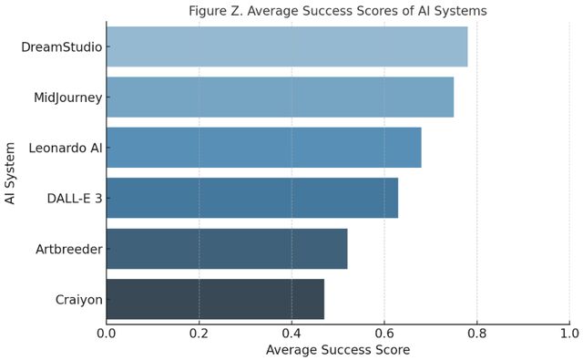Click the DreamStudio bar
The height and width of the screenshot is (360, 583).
[287, 46]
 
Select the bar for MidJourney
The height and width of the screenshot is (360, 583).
[280, 98]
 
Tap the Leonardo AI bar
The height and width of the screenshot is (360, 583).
[264, 148]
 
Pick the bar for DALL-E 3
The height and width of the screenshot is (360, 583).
[252, 198]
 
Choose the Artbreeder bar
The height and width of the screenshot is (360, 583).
[227, 249]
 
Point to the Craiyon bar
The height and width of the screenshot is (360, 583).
[215, 299]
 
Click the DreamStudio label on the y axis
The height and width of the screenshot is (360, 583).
[62, 46]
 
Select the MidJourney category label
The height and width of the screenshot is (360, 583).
[68, 98]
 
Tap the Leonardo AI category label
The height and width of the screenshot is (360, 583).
[66, 148]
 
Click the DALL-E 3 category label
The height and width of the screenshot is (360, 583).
[75, 198]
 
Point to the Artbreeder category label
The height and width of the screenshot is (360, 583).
[69, 249]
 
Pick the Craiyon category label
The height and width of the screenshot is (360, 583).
[79, 300]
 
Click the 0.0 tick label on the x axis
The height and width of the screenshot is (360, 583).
[107, 333]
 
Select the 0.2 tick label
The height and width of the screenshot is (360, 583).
[199, 333]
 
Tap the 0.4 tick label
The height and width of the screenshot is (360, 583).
[291, 333]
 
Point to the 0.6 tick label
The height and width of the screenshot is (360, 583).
[384, 333]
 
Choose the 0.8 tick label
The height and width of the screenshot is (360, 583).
[477, 333]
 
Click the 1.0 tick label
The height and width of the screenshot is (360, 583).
[569, 333]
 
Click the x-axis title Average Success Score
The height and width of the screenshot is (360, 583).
[338, 350]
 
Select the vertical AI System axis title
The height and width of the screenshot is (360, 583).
[10, 173]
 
